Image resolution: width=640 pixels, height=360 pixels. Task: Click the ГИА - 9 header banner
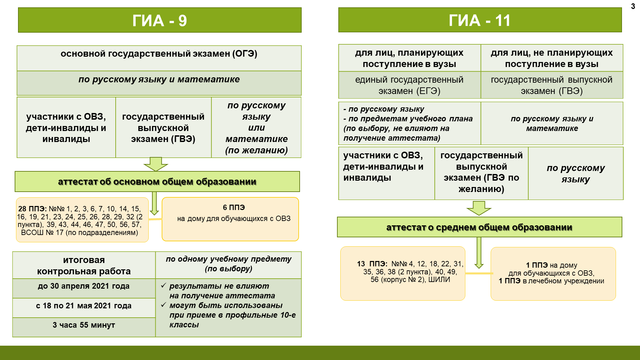pyautogui.click(x=160, y=20)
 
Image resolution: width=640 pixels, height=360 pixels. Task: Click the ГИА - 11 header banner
pyautogui.click(x=480, y=20)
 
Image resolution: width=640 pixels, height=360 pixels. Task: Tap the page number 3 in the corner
pyautogui.click(x=633, y=6)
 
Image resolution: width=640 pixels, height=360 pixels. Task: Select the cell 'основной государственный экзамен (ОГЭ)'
pyautogui.click(x=159, y=54)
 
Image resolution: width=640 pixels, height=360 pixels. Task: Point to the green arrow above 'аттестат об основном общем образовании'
pyautogui.click(x=156, y=164)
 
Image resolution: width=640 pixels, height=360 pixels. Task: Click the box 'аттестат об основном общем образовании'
pyautogui.click(x=157, y=182)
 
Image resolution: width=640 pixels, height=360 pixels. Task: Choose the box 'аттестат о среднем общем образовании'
pyautogui.click(x=479, y=227)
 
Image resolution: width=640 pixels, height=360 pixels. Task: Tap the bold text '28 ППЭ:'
pyautogui.click(x=32, y=209)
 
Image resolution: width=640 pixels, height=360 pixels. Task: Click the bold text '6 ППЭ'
pyautogui.click(x=234, y=208)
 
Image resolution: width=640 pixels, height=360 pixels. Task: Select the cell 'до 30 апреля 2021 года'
pyautogui.click(x=84, y=286)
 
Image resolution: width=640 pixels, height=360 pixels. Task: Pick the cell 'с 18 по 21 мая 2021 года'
pyautogui.click(x=84, y=306)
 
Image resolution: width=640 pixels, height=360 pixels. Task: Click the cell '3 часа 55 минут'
pyautogui.click(x=84, y=325)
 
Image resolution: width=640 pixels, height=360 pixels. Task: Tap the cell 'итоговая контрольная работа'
pyautogui.click(x=84, y=266)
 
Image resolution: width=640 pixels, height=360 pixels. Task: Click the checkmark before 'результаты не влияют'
pyautogui.click(x=164, y=286)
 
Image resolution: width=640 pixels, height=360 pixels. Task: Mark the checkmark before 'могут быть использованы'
pyautogui.click(x=164, y=305)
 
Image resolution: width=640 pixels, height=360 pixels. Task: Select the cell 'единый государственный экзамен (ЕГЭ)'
pyautogui.click(x=409, y=85)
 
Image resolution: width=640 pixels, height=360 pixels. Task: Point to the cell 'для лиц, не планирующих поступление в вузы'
pyautogui.click(x=552, y=58)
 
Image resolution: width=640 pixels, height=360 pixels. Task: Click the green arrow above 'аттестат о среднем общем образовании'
pyautogui.click(x=479, y=208)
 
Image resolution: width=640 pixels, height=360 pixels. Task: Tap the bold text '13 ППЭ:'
pyautogui.click(x=372, y=264)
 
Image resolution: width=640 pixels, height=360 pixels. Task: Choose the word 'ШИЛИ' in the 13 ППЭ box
pyautogui.click(x=439, y=280)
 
